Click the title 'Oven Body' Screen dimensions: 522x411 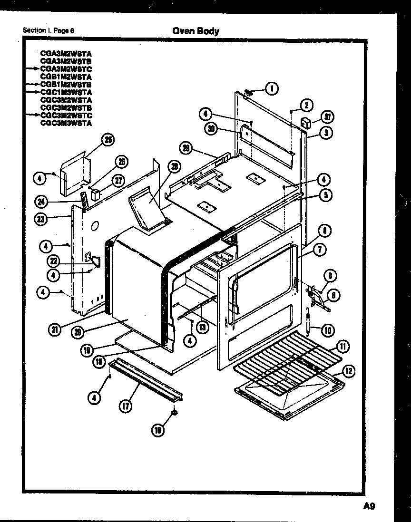pos(196,31)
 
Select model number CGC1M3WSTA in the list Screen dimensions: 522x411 pos(66,92)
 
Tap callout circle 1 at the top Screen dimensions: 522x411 pos(272,88)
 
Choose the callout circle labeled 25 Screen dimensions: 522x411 pos(109,140)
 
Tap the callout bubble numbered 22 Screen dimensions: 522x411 pos(54,260)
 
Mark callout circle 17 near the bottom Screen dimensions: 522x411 pos(127,406)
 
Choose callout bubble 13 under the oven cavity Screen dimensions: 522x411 pos(203,327)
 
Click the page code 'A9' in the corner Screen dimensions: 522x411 pos(369,506)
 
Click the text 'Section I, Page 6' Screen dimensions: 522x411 pos(48,31)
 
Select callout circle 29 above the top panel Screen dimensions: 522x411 pos(187,148)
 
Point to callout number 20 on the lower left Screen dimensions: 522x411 pos(77,332)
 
